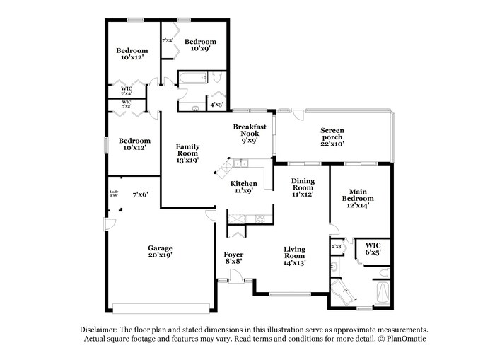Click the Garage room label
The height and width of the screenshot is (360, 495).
(160, 252)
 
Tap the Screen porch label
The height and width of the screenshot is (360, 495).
(332, 136)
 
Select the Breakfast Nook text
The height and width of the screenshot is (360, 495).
(250, 134)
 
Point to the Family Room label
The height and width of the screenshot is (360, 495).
(187, 153)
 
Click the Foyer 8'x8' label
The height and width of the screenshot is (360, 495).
(234, 257)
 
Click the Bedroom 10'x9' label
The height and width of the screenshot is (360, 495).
(201, 46)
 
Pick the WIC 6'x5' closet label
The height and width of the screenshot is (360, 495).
(373, 248)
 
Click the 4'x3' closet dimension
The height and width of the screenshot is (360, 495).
(217, 105)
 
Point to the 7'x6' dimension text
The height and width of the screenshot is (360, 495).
(140, 194)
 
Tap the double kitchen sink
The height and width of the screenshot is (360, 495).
(240, 164)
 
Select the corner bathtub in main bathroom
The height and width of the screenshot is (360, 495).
(344, 291)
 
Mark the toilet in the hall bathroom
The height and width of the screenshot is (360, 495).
(198, 107)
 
